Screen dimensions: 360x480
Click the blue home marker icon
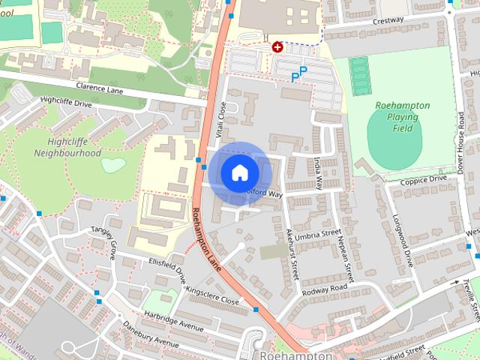pos(239,172)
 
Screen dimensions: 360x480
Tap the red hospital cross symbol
pos(277,46)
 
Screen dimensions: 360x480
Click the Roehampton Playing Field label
pos(402,116)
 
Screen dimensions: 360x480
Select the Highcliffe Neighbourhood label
pos(67,146)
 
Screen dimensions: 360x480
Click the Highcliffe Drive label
pos(66,103)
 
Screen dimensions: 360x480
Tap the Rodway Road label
pos(325,288)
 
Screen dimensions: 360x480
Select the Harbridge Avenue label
pos(174,321)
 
